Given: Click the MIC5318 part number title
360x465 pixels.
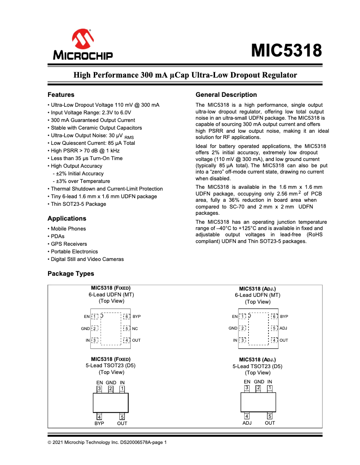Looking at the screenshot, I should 286,51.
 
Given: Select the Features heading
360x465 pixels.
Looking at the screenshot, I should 61,95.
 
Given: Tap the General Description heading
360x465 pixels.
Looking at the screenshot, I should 226,95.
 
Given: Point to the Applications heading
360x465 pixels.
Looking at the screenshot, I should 67,218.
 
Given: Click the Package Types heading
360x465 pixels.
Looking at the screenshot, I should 71,274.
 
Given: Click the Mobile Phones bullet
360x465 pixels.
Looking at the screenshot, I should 68,229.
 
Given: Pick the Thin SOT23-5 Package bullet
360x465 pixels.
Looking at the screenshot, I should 78,204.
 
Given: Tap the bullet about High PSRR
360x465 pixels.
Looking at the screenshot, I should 82,151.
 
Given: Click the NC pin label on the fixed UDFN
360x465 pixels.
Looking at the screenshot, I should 135,328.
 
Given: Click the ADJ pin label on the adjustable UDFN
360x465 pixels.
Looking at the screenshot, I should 283,328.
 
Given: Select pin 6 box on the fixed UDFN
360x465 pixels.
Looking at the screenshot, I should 127,317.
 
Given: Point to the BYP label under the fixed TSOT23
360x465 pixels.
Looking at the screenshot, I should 99,423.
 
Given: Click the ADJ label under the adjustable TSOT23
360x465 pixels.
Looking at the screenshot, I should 247,423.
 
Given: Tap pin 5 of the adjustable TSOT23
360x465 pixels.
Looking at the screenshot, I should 270,416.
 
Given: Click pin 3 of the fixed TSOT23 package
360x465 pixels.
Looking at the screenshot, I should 99,388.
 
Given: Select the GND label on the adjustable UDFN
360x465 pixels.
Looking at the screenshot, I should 233,328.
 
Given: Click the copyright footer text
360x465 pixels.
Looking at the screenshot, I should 107,443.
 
